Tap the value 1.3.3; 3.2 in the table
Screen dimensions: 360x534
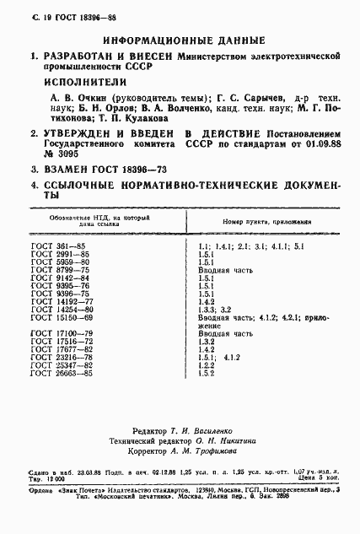tap(215, 309)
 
